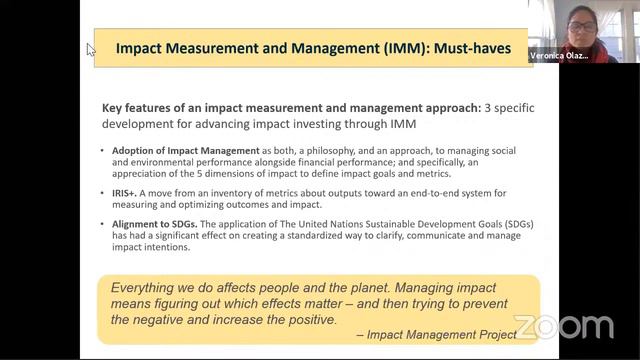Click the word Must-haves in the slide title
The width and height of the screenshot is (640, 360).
point(468,47)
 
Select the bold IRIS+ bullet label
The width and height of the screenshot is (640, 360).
point(128,192)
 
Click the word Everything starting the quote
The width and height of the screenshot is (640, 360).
point(150,286)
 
